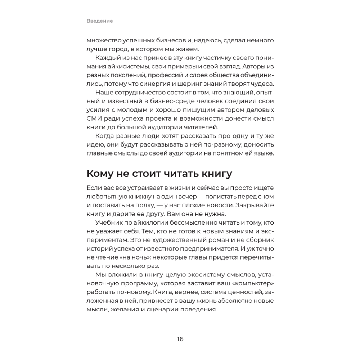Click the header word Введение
coord(100,21)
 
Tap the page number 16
coord(180,339)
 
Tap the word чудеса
coord(261,84)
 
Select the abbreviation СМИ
coord(94,119)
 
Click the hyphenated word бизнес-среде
coord(157,102)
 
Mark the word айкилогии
coord(153,222)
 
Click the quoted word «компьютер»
coord(254,283)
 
